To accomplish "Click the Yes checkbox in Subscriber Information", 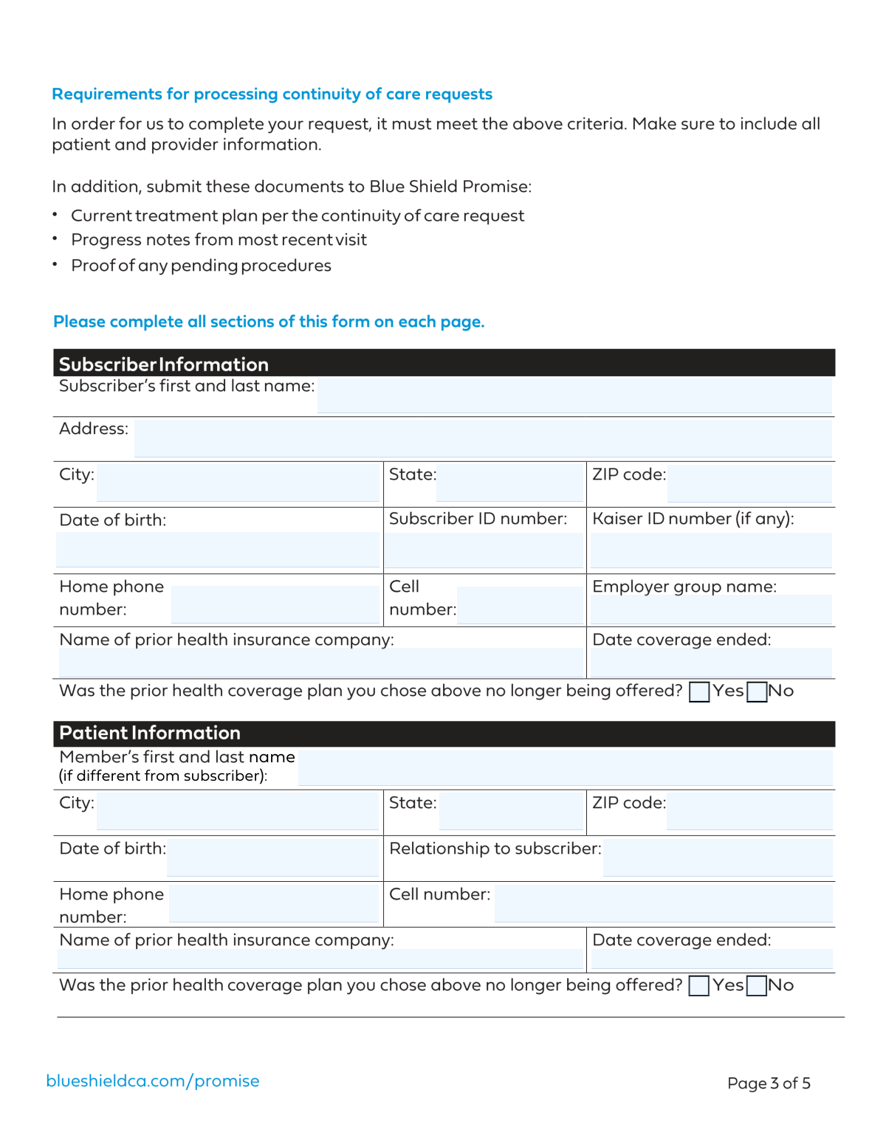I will point(698,692).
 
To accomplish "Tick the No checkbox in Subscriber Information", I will point(757,692).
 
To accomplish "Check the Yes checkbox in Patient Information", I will point(698,987).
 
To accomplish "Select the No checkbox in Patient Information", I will point(757,987).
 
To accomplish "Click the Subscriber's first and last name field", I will point(574,396).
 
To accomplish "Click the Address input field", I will point(483,438).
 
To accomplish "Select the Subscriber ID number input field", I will point(484,550).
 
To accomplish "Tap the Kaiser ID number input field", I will point(711,550).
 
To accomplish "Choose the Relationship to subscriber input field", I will point(718,857).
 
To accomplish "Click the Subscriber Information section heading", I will point(164,365).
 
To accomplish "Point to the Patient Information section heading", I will point(150,733).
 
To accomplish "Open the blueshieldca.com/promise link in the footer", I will point(153,1081).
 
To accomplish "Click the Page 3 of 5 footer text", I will point(769,1083).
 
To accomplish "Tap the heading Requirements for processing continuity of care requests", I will point(272,94).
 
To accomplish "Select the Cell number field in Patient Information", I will point(663,903).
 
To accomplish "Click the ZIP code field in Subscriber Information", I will point(749,483).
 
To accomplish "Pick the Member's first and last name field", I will point(565,767).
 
